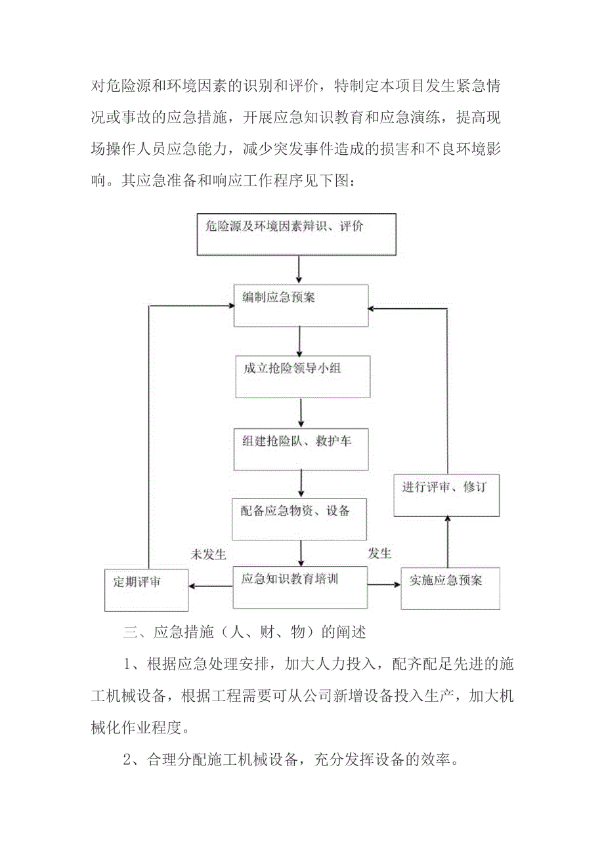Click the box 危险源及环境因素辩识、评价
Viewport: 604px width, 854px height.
click(297, 234)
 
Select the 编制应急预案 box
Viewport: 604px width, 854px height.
click(301, 305)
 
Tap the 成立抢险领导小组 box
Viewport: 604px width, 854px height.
click(303, 376)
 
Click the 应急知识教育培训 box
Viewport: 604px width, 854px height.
click(301, 586)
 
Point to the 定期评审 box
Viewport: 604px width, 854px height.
click(146, 590)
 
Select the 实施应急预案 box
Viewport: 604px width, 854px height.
click(450, 588)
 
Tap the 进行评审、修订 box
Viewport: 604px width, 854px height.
click(446, 495)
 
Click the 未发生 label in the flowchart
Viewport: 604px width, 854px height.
click(208, 555)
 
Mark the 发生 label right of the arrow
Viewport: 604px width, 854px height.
click(380, 554)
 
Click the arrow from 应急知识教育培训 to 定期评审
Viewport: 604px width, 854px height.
click(211, 586)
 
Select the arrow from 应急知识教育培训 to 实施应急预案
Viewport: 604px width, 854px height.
click(384, 584)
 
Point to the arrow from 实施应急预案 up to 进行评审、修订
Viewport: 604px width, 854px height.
click(448, 542)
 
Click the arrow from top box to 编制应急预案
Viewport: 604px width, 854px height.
click(299, 270)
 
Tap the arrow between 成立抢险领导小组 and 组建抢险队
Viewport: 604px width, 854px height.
click(301, 412)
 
